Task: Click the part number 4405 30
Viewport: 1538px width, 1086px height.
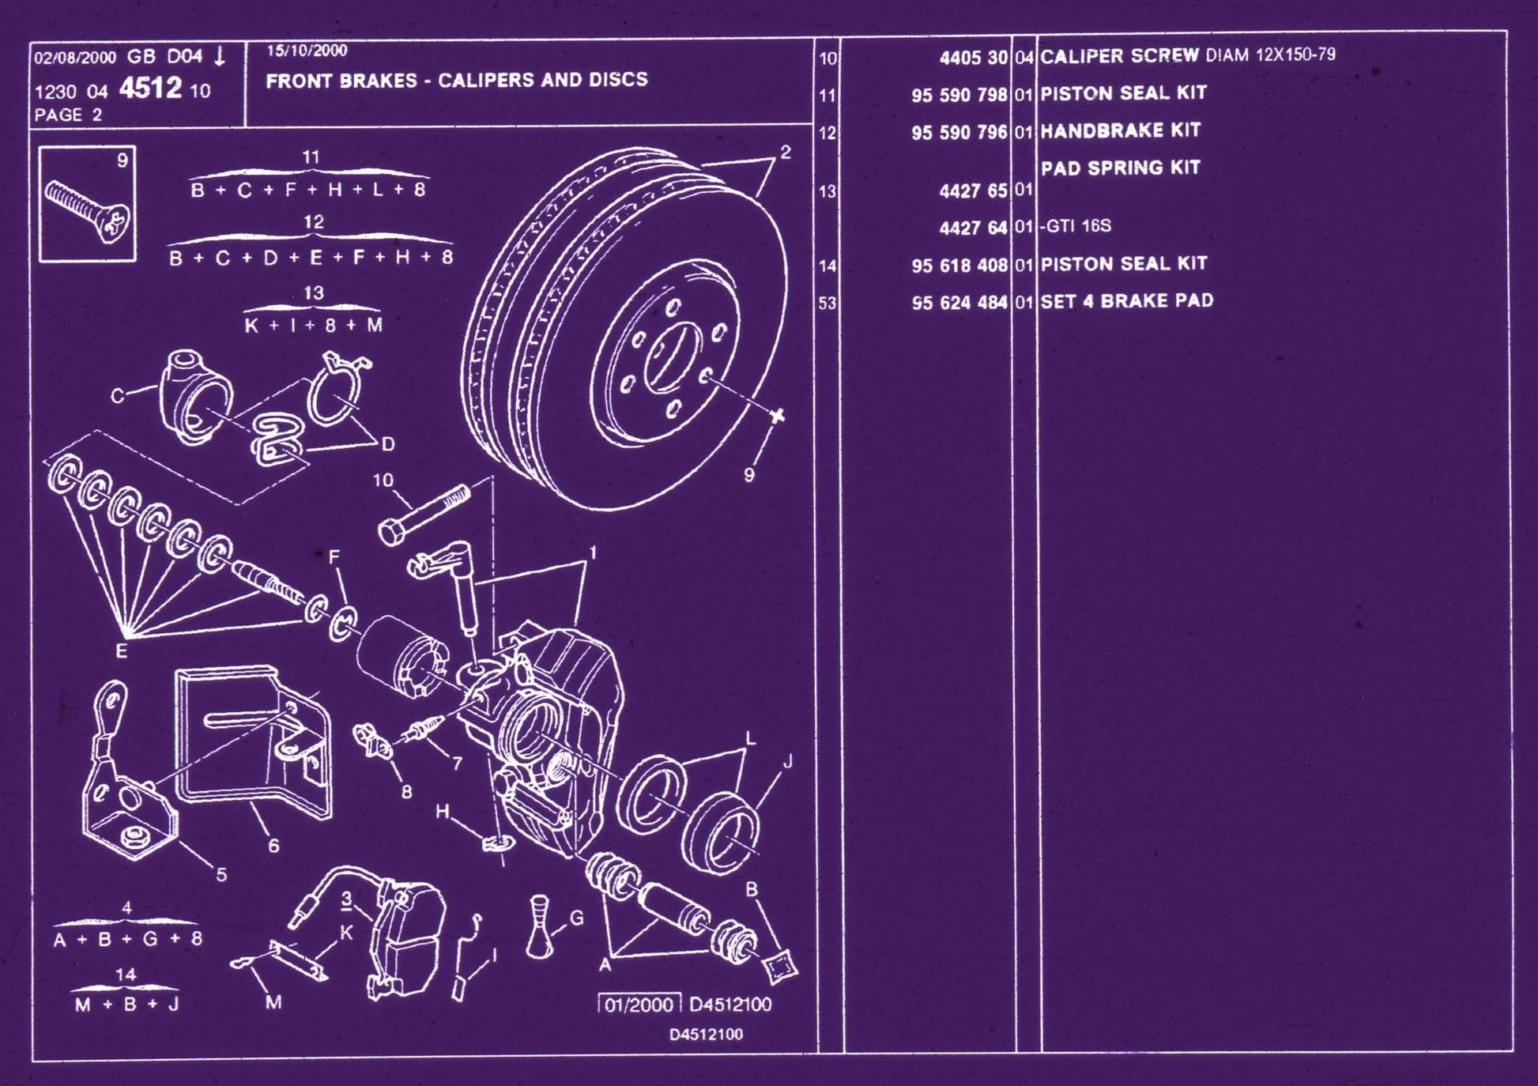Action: tap(973, 58)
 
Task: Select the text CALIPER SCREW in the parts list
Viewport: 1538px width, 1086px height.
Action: tap(1118, 56)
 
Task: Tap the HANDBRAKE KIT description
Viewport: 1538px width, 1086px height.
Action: tap(1120, 130)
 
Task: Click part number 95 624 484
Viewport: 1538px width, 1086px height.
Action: tap(959, 303)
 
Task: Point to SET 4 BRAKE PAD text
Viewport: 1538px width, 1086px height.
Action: tap(1126, 301)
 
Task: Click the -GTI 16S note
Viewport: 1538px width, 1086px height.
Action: tap(1076, 226)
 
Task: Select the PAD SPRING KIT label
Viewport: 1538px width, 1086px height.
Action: tap(1120, 168)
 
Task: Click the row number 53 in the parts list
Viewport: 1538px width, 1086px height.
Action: tap(827, 304)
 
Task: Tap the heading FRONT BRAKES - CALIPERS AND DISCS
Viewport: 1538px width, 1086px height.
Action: tap(456, 80)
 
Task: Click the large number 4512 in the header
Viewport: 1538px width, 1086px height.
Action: tap(150, 88)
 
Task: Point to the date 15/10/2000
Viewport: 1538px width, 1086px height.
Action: tap(307, 51)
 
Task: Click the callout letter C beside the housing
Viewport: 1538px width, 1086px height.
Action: tap(117, 395)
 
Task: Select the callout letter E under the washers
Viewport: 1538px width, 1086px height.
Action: tap(121, 651)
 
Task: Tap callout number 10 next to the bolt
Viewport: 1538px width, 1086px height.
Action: tap(383, 480)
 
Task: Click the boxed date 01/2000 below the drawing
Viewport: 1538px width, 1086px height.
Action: tap(639, 1005)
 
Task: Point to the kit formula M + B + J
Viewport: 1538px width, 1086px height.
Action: tap(126, 1005)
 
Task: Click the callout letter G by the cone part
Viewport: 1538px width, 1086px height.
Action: tap(576, 918)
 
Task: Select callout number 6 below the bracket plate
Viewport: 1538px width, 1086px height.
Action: tap(273, 846)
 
